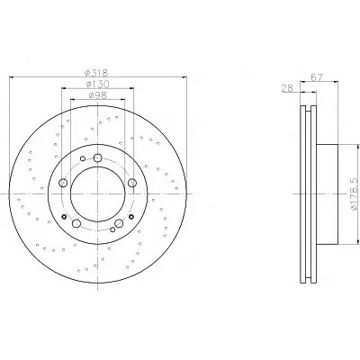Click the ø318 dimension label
(96, 73)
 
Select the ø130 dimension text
(97, 85)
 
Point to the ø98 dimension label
(98, 95)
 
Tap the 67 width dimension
(317, 77)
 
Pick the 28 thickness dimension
(287, 88)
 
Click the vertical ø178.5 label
(354, 193)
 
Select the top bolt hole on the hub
(98, 157)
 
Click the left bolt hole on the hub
(63, 183)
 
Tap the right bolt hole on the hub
(132, 183)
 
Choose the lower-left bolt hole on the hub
(76, 223)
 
